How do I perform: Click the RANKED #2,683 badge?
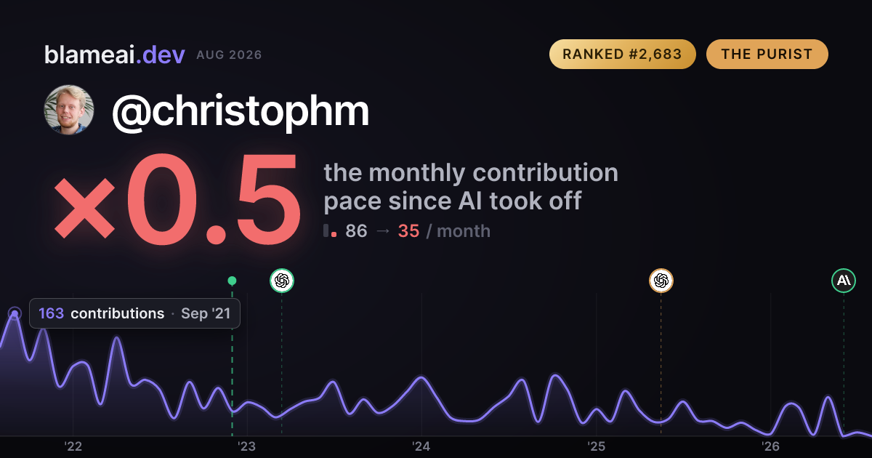(x=623, y=54)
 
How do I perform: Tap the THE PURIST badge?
(x=767, y=54)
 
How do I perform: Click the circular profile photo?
(x=69, y=110)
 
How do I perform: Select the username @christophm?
(x=241, y=111)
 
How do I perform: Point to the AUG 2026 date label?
(x=229, y=55)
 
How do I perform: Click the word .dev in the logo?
(x=161, y=55)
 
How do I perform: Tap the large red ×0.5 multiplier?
(x=177, y=198)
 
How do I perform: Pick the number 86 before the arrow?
(x=356, y=231)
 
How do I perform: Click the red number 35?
(x=408, y=231)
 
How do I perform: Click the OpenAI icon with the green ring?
(x=282, y=281)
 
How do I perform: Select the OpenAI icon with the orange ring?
(x=661, y=281)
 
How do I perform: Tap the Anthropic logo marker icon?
(x=844, y=281)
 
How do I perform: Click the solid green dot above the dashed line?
(x=232, y=281)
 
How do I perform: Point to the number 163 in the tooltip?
(x=51, y=313)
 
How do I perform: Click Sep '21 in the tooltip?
(x=206, y=313)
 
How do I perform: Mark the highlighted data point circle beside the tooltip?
(x=15, y=313)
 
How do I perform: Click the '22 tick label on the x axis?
(x=73, y=446)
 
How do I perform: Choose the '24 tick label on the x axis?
(x=421, y=446)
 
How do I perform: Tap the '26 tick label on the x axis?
(x=770, y=446)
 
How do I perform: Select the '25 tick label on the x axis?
(x=596, y=446)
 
